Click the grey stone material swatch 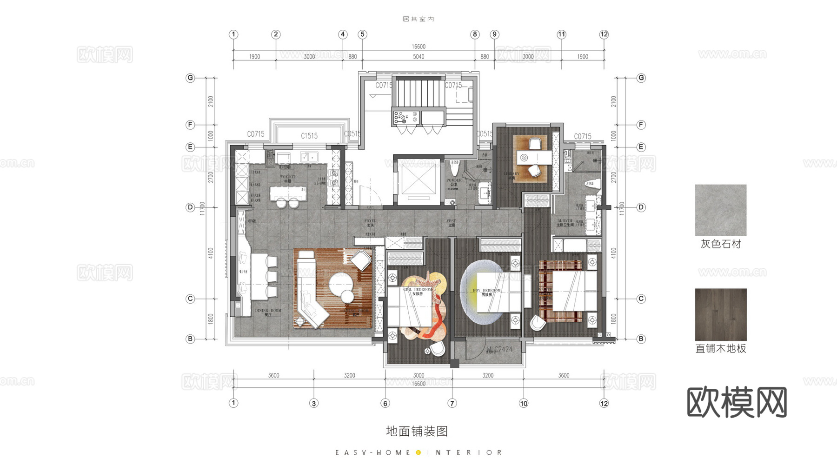coord(720,210)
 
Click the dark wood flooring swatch coord(720,314)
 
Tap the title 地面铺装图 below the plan coord(417,431)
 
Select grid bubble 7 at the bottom coord(452,403)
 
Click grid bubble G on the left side coord(190,78)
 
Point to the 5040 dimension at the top coord(418,57)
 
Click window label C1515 coord(309,136)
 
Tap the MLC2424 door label coord(499,349)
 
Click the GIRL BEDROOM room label coord(417,290)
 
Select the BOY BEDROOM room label coord(486,291)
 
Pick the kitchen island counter coord(288,193)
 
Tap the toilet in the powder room coord(454,168)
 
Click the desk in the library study coord(534,158)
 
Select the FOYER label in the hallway coord(370,222)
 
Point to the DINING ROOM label coord(268,311)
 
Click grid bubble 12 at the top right coord(604,34)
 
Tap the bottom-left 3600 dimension coord(273,375)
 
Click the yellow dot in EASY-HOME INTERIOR coord(418,452)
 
